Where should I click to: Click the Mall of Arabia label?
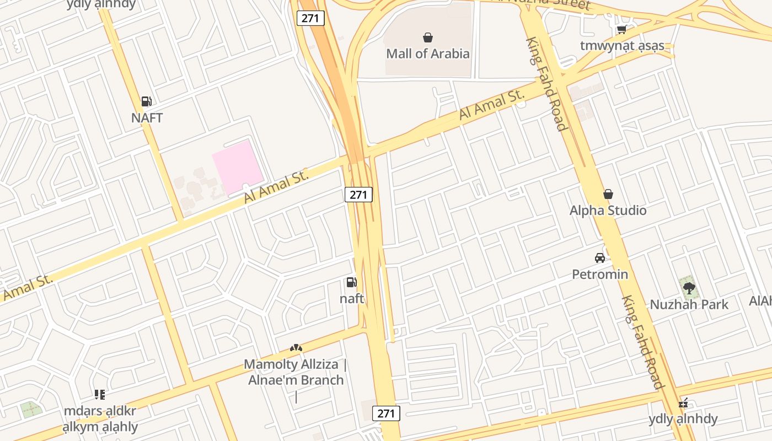point(427,53)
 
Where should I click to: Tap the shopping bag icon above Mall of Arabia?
point(427,37)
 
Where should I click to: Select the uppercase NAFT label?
point(147,117)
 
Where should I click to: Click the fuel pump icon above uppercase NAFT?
point(146,101)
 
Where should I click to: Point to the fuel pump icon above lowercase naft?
point(351,283)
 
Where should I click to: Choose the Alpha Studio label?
point(608,210)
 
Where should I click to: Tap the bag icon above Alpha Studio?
point(608,194)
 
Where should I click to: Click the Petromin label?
point(600,274)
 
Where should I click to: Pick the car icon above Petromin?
point(600,258)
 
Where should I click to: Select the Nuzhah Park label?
point(689,304)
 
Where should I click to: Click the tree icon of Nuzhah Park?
point(689,287)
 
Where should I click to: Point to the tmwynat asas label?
point(621,45)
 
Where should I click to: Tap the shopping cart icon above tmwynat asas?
point(621,29)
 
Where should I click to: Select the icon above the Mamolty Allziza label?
point(296,348)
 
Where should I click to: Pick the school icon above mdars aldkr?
point(100,394)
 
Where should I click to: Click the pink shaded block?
point(238,165)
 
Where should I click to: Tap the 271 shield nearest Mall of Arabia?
point(310,18)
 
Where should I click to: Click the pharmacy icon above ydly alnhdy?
point(683,403)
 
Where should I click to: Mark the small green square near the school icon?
point(31,410)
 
